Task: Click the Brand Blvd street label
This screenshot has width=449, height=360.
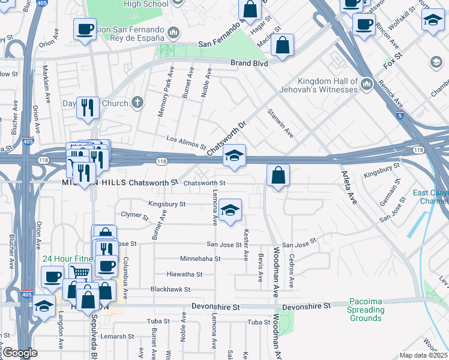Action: [249, 62]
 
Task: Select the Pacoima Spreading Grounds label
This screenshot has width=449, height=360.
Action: [366, 310]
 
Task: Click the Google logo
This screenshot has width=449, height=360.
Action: [20, 353]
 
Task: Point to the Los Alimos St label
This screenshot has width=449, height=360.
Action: [185, 142]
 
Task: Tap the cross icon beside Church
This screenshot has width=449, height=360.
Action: [137, 103]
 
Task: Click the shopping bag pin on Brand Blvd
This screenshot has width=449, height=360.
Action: [282, 46]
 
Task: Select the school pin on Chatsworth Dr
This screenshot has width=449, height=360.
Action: [234, 157]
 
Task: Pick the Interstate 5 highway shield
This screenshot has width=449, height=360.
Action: [400, 115]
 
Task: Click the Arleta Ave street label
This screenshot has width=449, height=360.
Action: [348, 187]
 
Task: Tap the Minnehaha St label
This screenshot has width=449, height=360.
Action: [200, 259]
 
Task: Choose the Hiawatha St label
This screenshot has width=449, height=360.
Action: [184, 274]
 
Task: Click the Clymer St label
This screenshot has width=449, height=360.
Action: [134, 214]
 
